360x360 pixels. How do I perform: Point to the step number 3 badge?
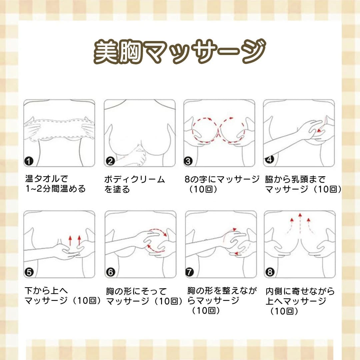[x=189, y=162]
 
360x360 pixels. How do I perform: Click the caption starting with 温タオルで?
[x=55, y=184]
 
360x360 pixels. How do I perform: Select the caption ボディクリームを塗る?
[x=134, y=184]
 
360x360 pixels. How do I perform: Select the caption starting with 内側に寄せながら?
[x=300, y=301]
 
